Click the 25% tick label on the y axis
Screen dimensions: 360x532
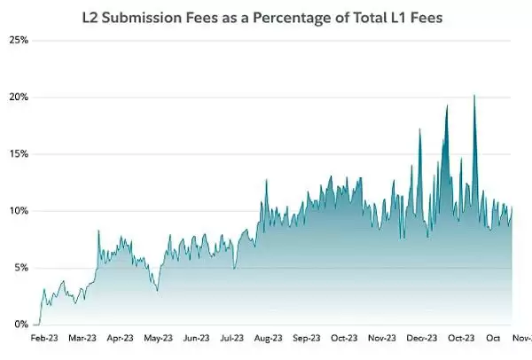click(x=19, y=41)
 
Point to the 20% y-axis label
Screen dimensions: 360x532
click(x=19, y=98)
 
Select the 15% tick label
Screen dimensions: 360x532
click(x=19, y=154)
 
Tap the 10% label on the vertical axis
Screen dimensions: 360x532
click(x=19, y=211)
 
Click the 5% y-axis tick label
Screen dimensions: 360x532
click(x=20, y=268)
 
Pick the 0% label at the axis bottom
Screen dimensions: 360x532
click(x=20, y=325)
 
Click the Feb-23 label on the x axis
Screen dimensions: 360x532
click(x=45, y=338)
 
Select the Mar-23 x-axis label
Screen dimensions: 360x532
click(x=83, y=338)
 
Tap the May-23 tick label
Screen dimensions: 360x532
click(x=158, y=338)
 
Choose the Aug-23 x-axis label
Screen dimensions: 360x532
click(x=268, y=338)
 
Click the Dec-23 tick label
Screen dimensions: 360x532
click(x=419, y=338)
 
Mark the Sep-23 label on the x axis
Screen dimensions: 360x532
click(x=306, y=338)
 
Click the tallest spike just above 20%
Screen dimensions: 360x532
click(x=475, y=96)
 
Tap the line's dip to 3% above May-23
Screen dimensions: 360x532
click(x=157, y=290)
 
